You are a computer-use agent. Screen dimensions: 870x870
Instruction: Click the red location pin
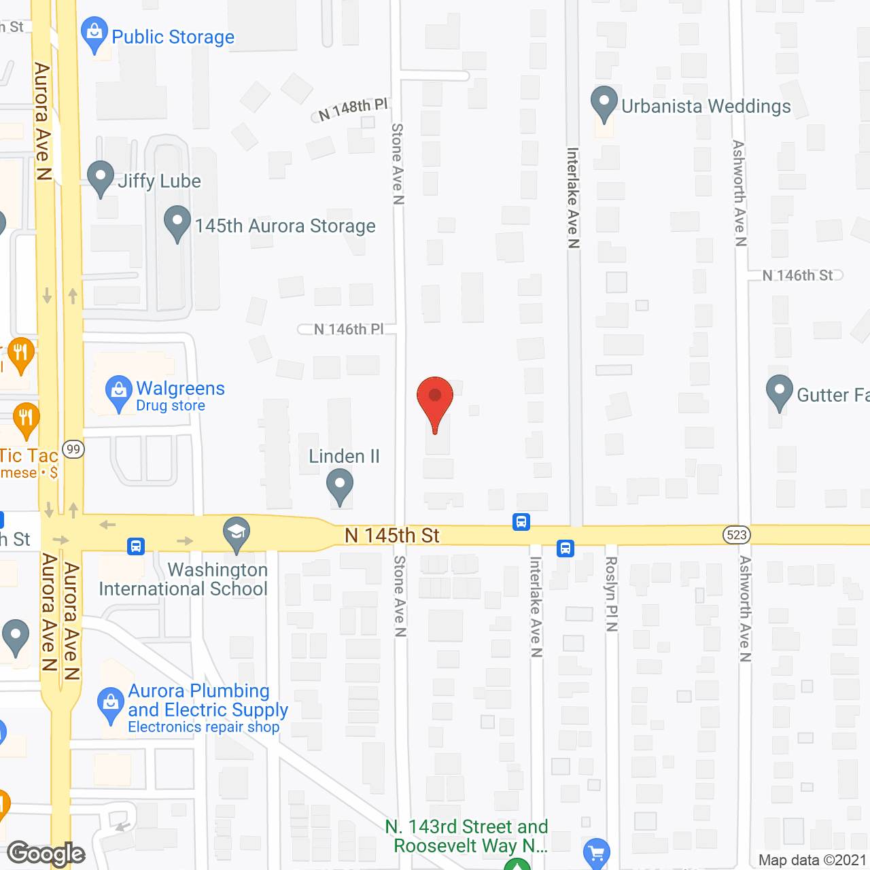[434, 401]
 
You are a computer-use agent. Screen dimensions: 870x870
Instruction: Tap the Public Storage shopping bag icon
[94, 34]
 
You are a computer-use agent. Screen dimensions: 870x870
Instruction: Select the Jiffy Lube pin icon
[101, 178]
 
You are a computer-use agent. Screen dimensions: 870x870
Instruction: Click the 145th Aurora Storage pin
[177, 223]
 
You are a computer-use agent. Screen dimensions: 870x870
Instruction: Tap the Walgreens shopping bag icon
[119, 392]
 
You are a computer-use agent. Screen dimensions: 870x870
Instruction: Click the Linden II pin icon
[340, 486]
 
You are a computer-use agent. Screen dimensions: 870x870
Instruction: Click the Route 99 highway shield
[73, 449]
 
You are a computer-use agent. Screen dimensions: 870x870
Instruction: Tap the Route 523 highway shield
[737, 535]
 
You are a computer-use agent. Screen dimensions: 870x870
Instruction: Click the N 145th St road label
[392, 536]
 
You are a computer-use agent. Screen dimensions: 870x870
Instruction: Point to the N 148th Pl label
[353, 109]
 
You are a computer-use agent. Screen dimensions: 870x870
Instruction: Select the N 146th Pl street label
[349, 329]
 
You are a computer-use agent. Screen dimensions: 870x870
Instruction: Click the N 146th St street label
[797, 275]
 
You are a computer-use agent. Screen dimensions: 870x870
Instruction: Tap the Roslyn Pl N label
[611, 593]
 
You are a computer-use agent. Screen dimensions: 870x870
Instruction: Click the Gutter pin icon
[780, 392]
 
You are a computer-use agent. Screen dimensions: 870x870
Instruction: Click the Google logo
[46, 854]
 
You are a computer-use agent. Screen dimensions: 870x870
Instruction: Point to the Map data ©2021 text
[812, 860]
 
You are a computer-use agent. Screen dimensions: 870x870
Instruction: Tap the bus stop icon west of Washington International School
[136, 546]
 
